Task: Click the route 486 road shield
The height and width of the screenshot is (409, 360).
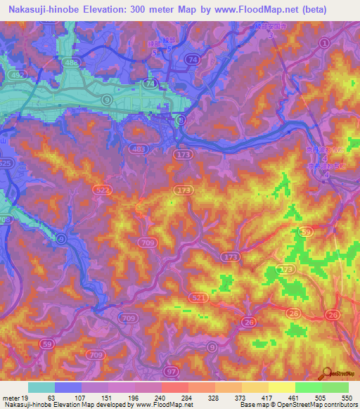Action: tap(70, 64)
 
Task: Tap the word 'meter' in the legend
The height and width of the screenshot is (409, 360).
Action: tap(10, 397)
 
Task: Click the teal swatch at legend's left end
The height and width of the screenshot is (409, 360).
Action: tap(41, 387)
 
